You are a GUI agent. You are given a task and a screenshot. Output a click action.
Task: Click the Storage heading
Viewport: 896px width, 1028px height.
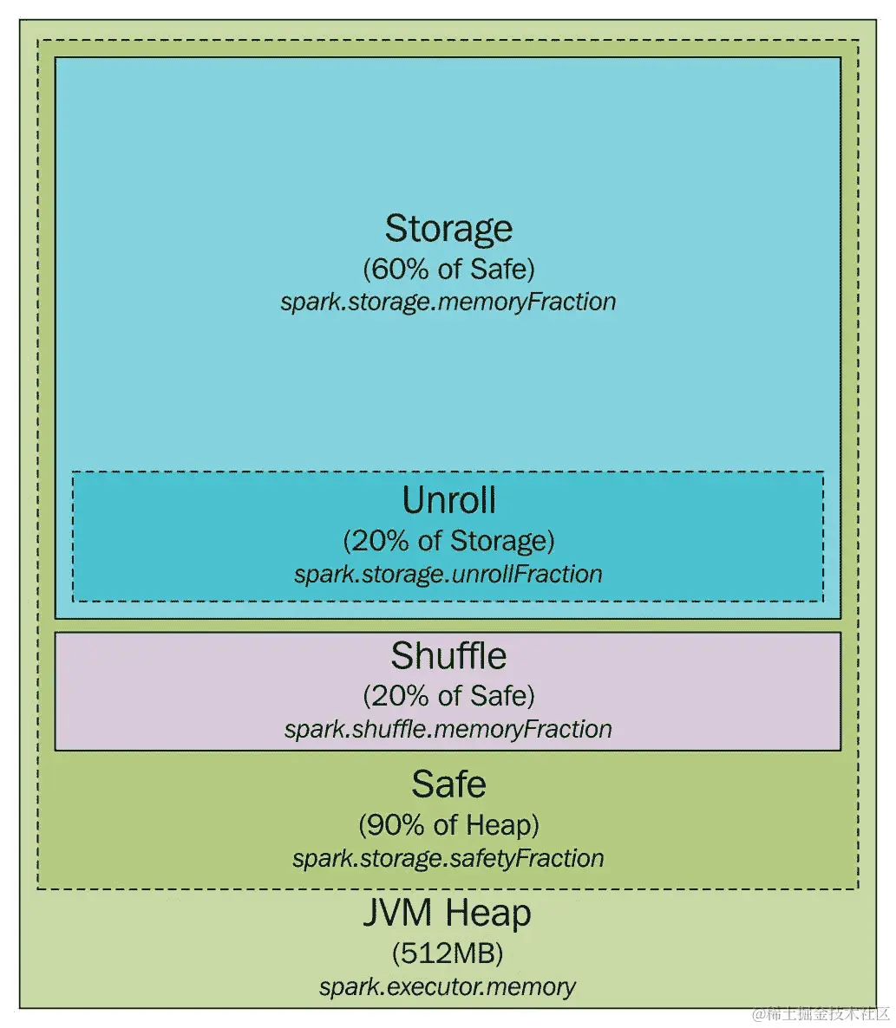tap(448, 229)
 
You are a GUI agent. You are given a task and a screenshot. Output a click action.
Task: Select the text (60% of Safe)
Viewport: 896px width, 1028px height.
tap(448, 270)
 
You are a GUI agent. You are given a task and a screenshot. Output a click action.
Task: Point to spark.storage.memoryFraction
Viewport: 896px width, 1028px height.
tap(448, 302)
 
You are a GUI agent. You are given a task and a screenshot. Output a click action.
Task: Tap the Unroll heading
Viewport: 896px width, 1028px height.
tap(448, 501)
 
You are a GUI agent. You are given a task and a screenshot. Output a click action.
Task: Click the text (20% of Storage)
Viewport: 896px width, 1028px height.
tap(448, 542)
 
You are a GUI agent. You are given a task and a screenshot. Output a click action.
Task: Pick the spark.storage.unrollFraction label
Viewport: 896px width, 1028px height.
tap(448, 574)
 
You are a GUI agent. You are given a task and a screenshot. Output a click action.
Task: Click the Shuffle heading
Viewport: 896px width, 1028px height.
tap(448, 656)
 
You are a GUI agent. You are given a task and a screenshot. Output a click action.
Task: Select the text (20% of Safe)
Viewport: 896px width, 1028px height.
tap(448, 696)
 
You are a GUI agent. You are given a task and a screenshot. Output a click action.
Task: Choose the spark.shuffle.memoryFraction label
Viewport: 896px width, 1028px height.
tap(448, 729)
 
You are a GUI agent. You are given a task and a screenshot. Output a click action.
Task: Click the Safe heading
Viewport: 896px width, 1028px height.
tap(448, 784)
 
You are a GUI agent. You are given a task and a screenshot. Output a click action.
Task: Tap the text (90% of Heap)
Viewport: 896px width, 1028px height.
tap(448, 825)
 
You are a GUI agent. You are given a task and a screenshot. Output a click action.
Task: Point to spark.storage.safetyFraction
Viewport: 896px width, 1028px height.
tap(448, 858)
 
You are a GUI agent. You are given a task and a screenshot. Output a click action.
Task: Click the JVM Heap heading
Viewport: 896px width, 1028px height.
tap(448, 914)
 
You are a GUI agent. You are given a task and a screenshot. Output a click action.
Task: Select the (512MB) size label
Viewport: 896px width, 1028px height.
tap(448, 954)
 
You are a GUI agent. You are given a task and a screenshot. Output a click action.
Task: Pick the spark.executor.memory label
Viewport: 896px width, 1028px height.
tap(448, 986)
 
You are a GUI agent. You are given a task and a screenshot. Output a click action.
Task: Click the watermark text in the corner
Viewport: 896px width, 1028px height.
tap(821, 1013)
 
